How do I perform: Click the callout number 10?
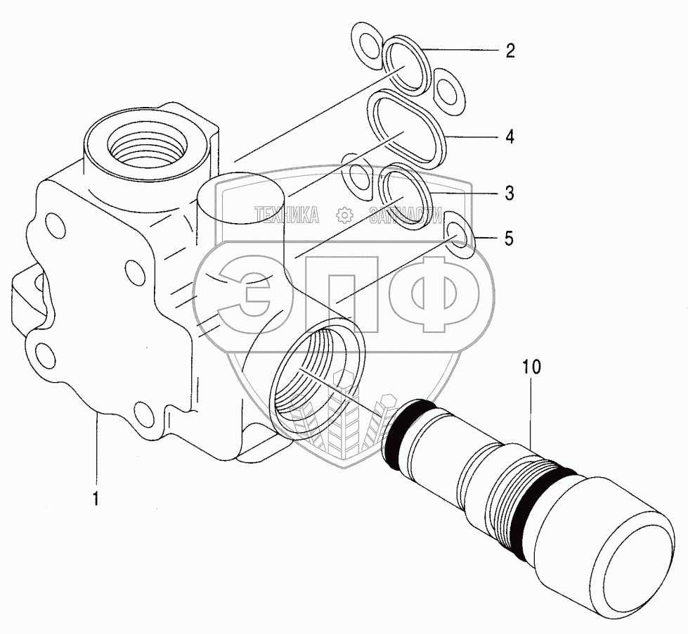[x=531, y=367]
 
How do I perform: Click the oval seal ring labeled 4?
[x=408, y=131]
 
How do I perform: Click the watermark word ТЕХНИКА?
[x=286, y=215]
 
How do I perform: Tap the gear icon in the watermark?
[x=344, y=215]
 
